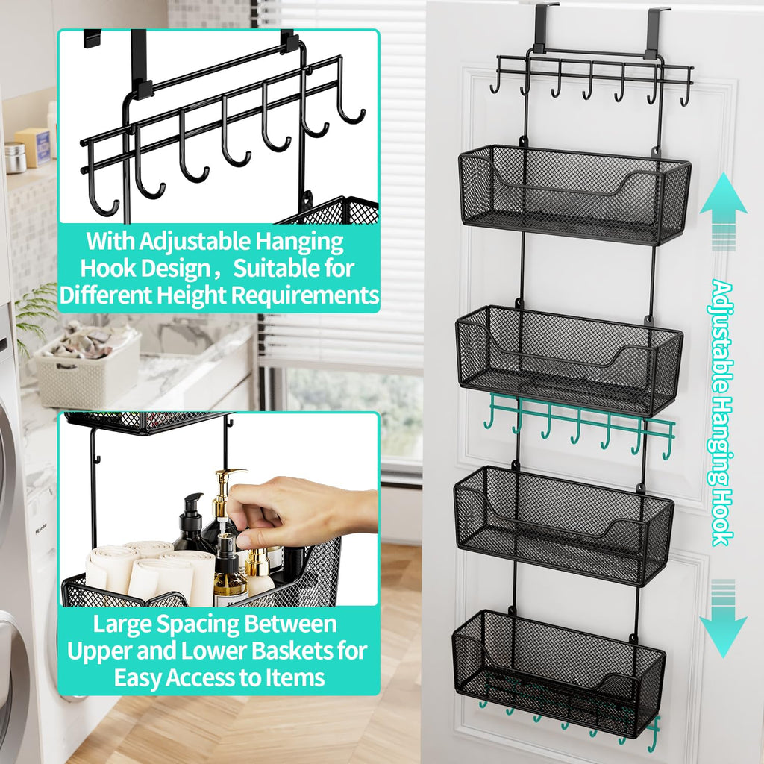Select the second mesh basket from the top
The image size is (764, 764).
pos(569,360)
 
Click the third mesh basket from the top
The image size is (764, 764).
pos(563,525)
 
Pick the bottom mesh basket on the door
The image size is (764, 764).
pos(557,671)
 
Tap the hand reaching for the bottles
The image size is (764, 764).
pos(298,511)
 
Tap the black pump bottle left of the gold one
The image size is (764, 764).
pos(192,522)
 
